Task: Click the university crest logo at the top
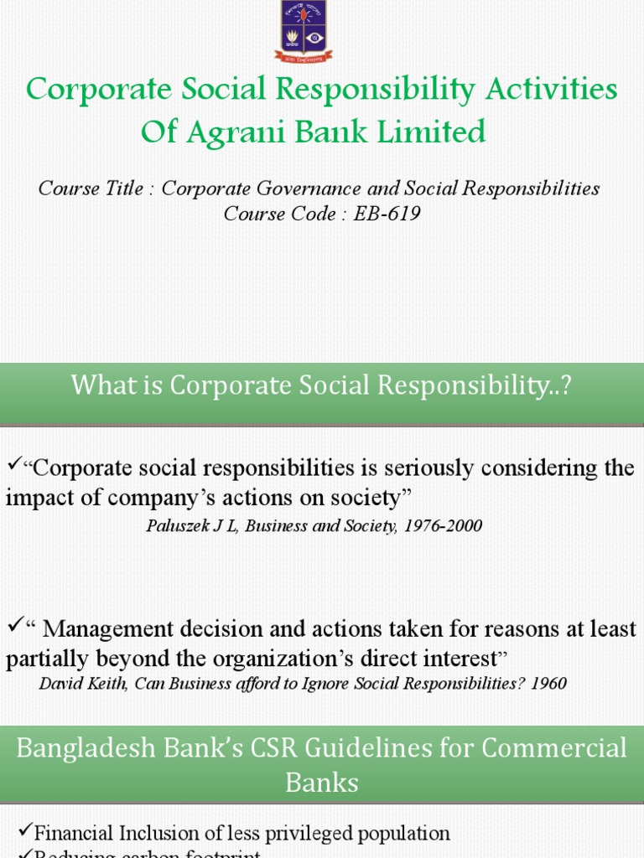tap(304, 32)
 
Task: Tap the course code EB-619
tap(387, 214)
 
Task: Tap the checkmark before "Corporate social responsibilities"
tap(13, 463)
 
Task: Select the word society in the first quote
tap(366, 499)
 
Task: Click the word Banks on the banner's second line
tap(322, 783)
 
